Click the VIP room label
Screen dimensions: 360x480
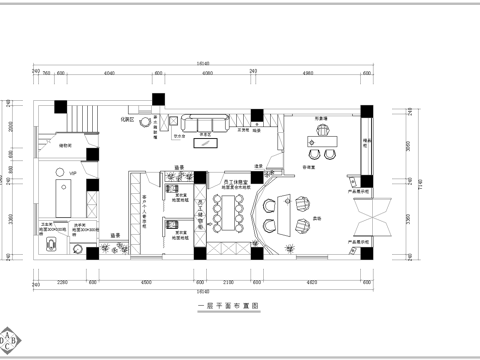[73, 175]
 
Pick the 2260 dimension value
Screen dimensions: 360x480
[61, 281]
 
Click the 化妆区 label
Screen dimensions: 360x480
[129, 118]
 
